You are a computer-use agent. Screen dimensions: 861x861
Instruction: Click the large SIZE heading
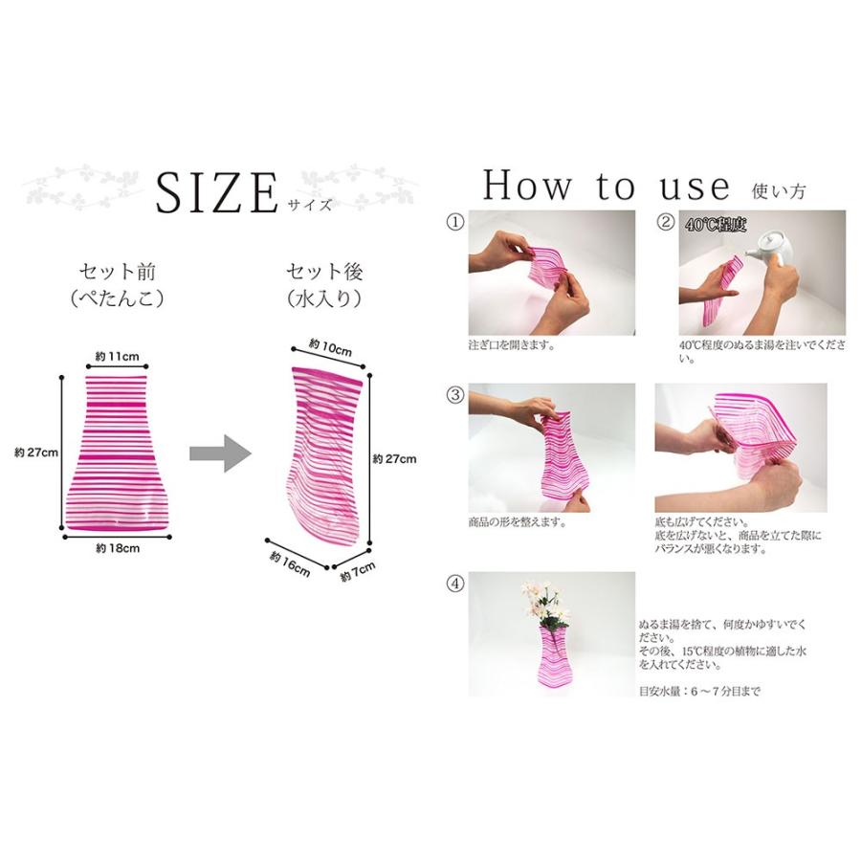pos(217,192)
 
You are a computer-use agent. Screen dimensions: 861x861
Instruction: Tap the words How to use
pos(607,185)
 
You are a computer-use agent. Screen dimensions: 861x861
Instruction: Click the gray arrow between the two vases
pos(221,453)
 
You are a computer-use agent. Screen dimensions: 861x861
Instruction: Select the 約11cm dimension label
pos(117,357)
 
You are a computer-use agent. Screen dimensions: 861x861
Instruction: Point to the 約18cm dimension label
pos(118,548)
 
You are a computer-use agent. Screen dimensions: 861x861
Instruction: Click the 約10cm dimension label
pos(330,347)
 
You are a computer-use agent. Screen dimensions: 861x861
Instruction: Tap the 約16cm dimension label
pos(290,564)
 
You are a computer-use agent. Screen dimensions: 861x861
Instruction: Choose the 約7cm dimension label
pos(358,572)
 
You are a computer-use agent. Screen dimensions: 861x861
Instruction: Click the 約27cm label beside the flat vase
pos(35,453)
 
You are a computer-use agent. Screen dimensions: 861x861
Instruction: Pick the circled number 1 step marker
pos(455,222)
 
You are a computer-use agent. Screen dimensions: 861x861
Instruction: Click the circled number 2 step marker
pos(666,222)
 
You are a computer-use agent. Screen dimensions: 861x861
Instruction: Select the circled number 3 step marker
pos(455,395)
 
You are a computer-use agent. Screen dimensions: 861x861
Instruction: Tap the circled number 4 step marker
pos(455,584)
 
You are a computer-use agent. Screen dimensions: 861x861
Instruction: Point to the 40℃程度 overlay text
pos(716,225)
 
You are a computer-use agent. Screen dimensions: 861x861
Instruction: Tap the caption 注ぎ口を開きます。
pos(511,345)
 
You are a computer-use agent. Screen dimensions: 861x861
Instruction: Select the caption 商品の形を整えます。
pos(518,521)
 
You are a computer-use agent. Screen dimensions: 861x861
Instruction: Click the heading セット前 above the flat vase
pos(118,272)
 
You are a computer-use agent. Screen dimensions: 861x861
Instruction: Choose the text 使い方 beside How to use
pos(779,190)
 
